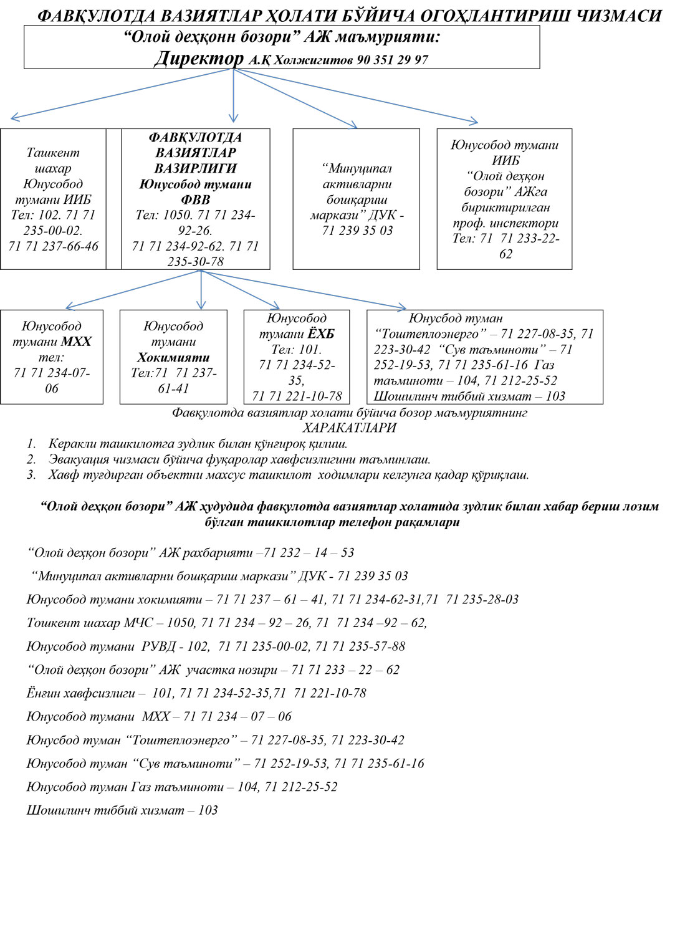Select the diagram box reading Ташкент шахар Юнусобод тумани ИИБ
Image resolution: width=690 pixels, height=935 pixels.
click(x=53, y=199)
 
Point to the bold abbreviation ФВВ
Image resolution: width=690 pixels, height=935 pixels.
click(x=195, y=199)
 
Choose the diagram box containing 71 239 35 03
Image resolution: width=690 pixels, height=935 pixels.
click(x=357, y=199)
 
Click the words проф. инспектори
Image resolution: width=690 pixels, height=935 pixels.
click(x=506, y=223)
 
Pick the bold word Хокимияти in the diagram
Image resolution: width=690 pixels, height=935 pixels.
click(x=173, y=357)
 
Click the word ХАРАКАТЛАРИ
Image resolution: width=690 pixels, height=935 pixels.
click(x=349, y=428)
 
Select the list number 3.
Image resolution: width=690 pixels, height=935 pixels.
click(x=31, y=475)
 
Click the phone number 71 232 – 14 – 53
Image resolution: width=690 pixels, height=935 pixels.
click(x=309, y=552)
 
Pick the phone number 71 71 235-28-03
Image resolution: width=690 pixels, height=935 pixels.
click(x=482, y=599)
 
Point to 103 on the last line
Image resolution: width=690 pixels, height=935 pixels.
click(x=208, y=810)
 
